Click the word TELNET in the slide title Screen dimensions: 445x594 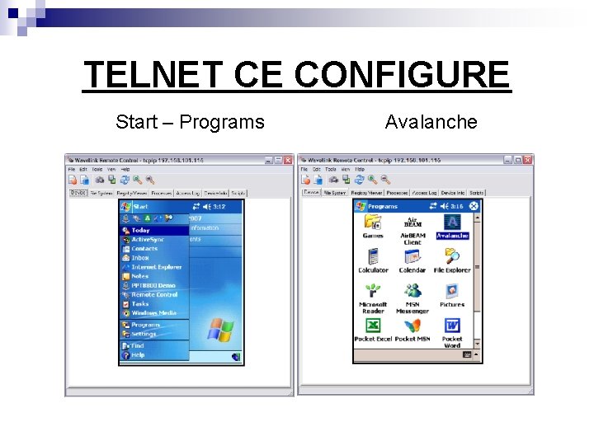153,75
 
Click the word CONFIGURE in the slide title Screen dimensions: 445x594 403,75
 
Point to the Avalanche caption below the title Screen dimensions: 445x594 431,122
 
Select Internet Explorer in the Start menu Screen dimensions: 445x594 156,267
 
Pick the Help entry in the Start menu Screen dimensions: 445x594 138,355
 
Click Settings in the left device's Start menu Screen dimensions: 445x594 144,334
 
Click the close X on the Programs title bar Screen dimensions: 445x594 474,206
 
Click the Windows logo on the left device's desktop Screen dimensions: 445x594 219,330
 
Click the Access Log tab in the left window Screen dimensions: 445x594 188,193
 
